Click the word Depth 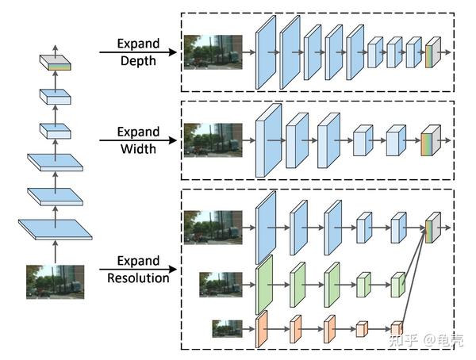click(138, 61)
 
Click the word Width click(138, 149)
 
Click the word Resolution click(138, 278)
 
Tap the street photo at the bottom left click(55, 281)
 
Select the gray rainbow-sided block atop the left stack click(56, 63)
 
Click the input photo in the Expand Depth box click(213, 52)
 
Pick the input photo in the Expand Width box click(213, 140)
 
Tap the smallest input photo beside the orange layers click(228, 329)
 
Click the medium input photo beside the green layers click(221, 285)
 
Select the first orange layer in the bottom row click(261, 329)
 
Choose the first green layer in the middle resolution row click(264, 285)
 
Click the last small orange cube click(397, 328)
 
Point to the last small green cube click(397, 285)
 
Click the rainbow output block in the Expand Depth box click(433, 52)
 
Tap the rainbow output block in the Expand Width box click(431, 140)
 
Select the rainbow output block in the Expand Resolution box click(433, 228)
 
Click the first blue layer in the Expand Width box click(268, 140)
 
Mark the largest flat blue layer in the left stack click(56, 229)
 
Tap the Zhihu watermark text click(425, 340)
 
